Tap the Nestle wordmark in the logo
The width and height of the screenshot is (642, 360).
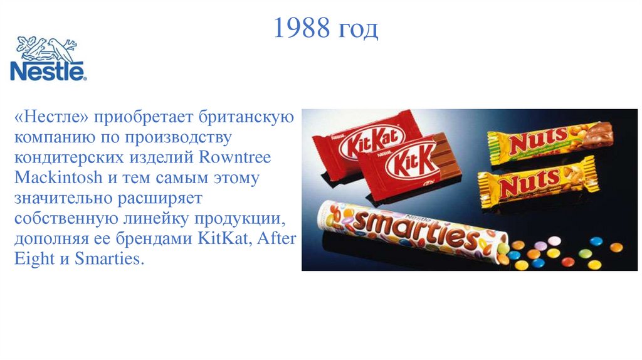click(48, 71)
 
